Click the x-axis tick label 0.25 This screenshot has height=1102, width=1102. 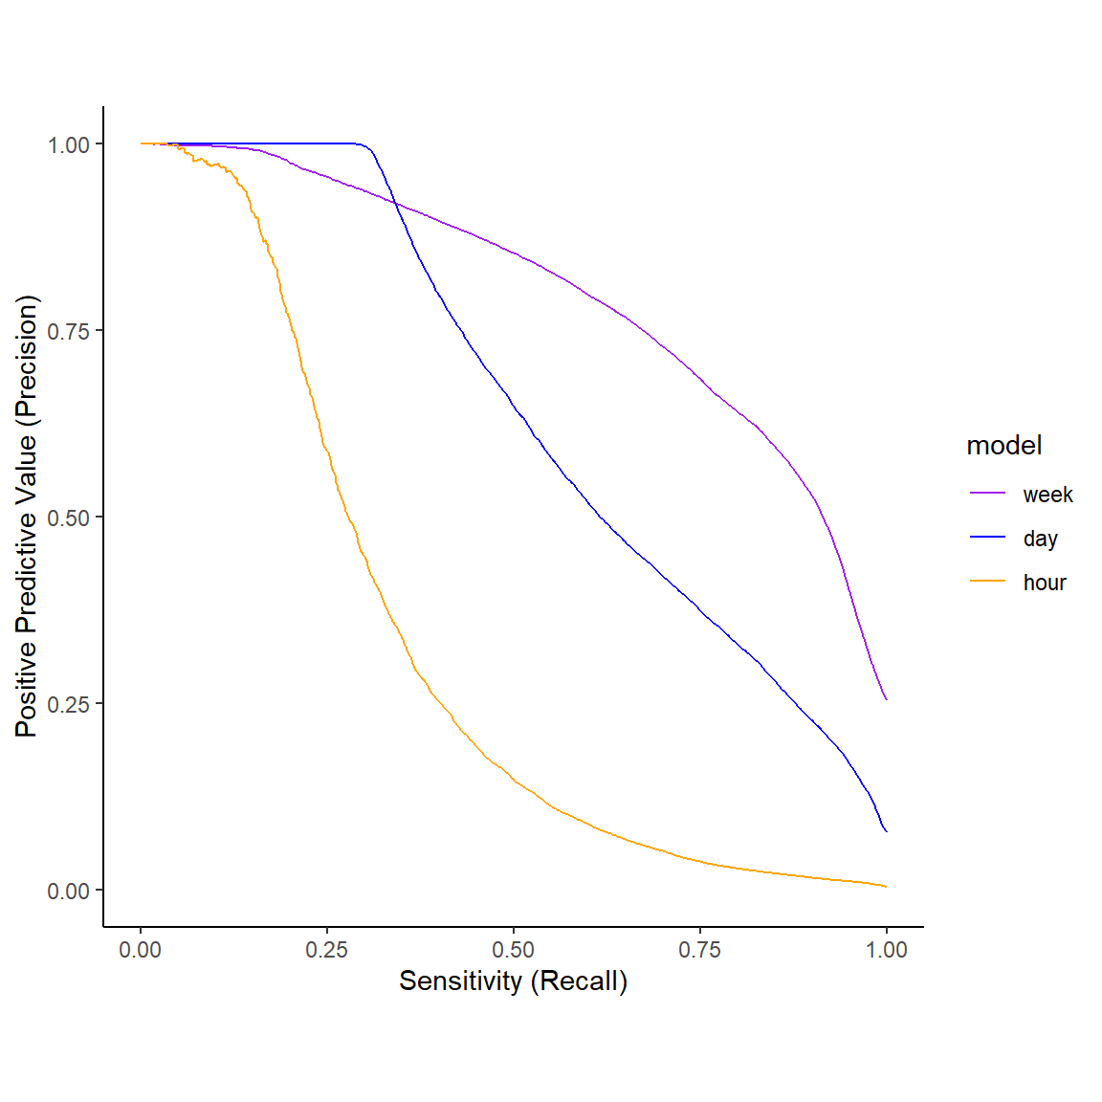pos(327,950)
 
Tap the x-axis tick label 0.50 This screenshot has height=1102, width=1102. pos(514,950)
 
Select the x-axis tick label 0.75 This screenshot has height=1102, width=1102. pos(700,950)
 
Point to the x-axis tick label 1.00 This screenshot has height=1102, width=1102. pos(887,950)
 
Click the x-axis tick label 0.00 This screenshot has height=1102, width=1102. pos(141,950)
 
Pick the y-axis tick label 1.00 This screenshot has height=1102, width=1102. pos(69,144)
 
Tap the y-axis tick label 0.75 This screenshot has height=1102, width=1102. pos(69,331)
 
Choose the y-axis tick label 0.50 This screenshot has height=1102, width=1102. pos(69,518)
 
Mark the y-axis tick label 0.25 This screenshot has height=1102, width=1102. pos(69,704)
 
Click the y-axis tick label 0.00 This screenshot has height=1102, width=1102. pos(69,891)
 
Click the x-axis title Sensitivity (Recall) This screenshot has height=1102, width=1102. pos(513,981)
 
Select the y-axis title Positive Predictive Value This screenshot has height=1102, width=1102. pos(27,517)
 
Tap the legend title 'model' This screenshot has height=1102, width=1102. pos(1004,446)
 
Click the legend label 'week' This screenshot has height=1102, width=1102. pos(1047,495)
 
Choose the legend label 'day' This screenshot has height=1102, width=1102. pos(1040,539)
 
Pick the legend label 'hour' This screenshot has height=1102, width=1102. pos(1045,583)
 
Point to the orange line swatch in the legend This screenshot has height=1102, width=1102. pos(988,582)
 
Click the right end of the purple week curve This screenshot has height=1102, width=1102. pos(887,699)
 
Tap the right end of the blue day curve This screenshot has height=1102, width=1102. pos(887,831)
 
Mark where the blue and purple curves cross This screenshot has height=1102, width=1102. pos(395,203)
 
